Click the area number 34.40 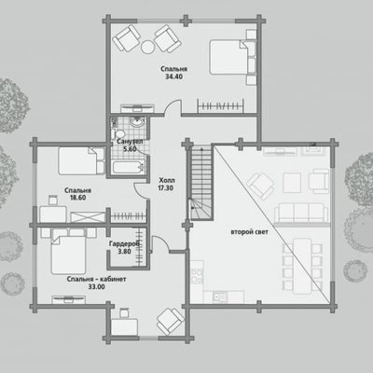click(x=173, y=76)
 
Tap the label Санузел click(x=130, y=142)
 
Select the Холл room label click(x=167, y=180)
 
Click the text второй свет click(x=249, y=232)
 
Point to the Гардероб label click(x=124, y=244)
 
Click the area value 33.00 click(x=96, y=287)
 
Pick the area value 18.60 click(x=77, y=198)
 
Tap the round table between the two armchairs click(x=147, y=48)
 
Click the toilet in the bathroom click(x=118, y=133)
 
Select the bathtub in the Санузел click(x=129, y=167)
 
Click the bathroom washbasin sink click(x=137, y=121)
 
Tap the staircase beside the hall click(x=200, y=183)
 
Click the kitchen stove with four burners click(x=197, y=276)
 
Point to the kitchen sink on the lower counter click(x=220, y=297)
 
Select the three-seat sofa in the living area click(x=301, y=213)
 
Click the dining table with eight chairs click(x=302, y=266)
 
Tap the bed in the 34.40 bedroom click(x=233, y=57)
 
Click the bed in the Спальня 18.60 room click(x=81, y=160)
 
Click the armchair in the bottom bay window click(x=170, y=322)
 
